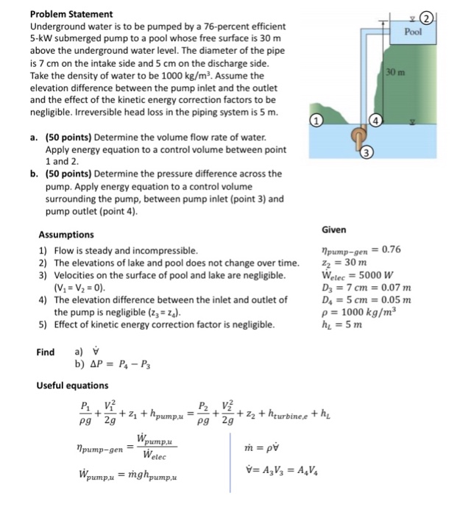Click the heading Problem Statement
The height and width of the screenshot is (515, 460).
click(x=71, y=14)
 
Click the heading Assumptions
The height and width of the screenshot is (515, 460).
click(x=66, y=235)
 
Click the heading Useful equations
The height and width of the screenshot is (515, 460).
click(x=73, y=386)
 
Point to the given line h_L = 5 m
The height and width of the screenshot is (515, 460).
click(x=342, y=324)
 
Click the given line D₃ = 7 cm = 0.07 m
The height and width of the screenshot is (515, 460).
click(x=366, y=286)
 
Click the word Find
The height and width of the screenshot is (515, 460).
click(x=46, y=351)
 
